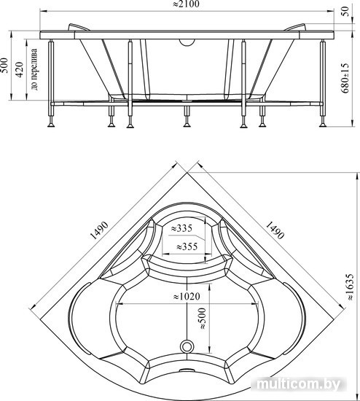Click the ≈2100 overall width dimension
186,4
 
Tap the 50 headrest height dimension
345,11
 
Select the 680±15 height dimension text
345,78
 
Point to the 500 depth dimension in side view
5,66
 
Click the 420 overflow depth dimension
20,69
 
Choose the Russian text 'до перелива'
34,69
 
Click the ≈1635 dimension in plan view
350,287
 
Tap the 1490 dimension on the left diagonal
100,230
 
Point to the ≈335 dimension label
181,228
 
